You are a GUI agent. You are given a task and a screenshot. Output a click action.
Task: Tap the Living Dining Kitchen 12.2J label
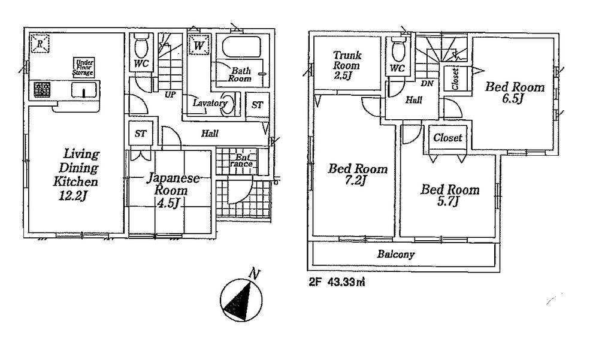coord(74,174)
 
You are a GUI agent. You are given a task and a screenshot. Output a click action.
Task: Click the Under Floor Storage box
coord(84,66)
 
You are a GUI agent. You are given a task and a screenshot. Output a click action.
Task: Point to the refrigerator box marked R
coord(40,43)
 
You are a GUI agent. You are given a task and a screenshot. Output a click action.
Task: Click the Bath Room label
coord(240,74)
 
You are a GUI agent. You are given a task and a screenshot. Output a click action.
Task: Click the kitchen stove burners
coord(41,90)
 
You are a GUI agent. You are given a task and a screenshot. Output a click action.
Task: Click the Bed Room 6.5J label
coord(515,93)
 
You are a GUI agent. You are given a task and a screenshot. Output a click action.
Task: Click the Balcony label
coord(395,255)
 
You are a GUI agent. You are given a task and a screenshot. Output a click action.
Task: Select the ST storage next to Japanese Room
coord(140,134)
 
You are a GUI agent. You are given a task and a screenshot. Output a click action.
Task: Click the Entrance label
coord(243,161)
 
